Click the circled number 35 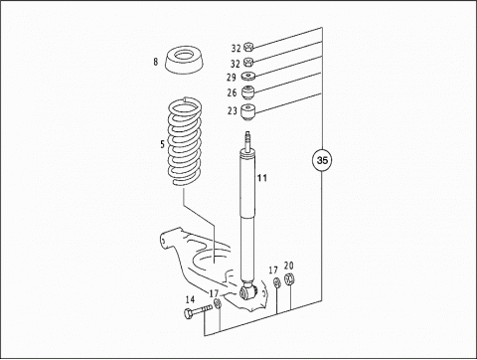pos(322,160)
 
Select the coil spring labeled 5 pos(185,142)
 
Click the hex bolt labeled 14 pos(198,311)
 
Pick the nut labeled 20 pos(289,279)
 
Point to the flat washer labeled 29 pos(248,77)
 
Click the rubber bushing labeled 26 pos(248,92)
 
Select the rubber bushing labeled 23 pos(248,111)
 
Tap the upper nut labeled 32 pos(248,48)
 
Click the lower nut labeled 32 pos(248,62)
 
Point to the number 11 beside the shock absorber pos(262,178)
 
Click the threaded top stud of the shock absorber pos(247,140)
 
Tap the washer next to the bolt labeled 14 pos(218,303)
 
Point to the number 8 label pos(156,62)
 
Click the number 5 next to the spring pos(162,144)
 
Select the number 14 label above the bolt pos(190,300)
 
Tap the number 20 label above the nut pos(289,266)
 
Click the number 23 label pos(233,110)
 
